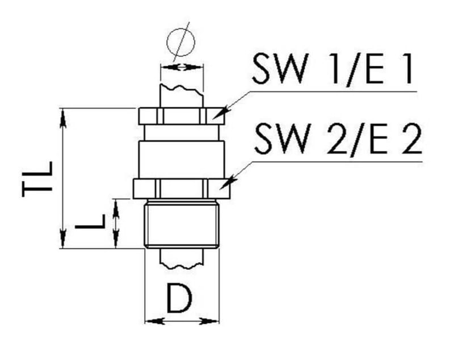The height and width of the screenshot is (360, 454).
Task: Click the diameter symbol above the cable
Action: click(x=181, y=41)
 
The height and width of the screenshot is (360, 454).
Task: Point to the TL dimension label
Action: click(x=38, y=179)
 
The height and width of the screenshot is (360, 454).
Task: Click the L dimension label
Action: click(x=91, y=221)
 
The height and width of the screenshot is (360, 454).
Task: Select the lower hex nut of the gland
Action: click(x=181, y=188)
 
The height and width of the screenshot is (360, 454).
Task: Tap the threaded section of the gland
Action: click(x=181, y=225)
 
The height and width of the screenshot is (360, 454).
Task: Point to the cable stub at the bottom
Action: click(x=182, y=258)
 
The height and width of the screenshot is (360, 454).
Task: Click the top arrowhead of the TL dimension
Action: click(x=63, y=114)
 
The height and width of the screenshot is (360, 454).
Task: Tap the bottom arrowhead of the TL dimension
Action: click(x=63, y=242)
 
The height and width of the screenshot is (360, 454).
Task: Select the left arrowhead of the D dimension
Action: click(x=151, y=321)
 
